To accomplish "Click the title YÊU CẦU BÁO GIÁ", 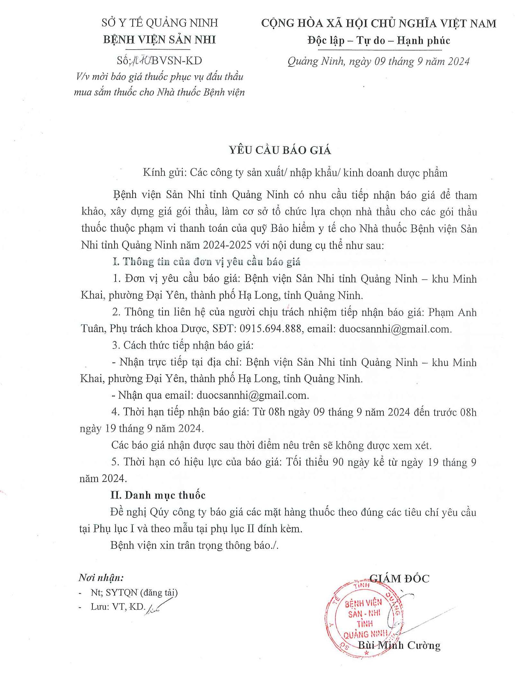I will (280, 150).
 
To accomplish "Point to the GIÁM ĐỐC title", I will (399, 578).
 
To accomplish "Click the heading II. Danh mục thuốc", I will (158, 495).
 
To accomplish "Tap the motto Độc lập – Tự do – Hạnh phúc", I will (379, 41).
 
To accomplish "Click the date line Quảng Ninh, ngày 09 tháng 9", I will (379, 61).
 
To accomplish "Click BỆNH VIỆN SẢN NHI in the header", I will (159, 40).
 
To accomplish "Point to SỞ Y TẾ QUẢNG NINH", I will (160, 23).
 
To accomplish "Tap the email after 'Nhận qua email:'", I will (253, 395).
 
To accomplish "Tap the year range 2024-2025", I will (227, 245).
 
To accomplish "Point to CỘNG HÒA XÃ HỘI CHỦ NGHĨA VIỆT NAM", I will (379, 23).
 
